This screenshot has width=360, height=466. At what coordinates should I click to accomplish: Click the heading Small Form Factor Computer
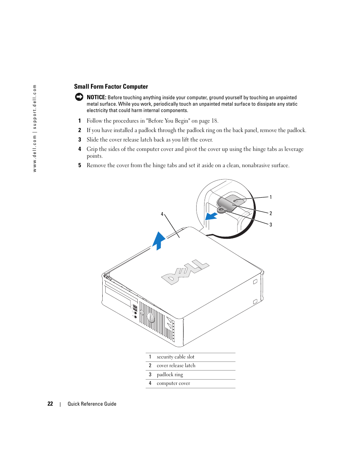click(x=111, y=87)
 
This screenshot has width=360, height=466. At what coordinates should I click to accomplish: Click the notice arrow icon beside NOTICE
click(x=79, y=97)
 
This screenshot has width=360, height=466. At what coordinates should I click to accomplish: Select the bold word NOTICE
click(x=96, y=97)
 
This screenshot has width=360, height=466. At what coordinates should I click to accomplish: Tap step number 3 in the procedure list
click(x=80, y=140)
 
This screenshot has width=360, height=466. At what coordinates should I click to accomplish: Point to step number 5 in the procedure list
click(x=80, y=165)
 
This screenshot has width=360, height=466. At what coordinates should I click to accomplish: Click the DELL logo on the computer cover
click(x=185, y=272)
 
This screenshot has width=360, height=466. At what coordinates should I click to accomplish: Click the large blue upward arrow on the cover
click(x=159, y=240)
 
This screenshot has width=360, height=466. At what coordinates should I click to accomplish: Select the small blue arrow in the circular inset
click(x=211, y=216)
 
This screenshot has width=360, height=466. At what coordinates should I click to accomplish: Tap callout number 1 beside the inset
click(x=271, y=197)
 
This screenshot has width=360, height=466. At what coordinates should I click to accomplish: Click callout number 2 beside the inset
click(x=271, y=213)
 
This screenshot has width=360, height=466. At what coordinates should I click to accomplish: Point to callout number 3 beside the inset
click(x=271, y=225)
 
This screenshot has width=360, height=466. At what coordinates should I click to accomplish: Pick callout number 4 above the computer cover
click(x=162, y=214)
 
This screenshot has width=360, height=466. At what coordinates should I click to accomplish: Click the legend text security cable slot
click(x=175, y=357)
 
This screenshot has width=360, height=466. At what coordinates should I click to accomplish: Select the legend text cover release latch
click(x=176, y=366)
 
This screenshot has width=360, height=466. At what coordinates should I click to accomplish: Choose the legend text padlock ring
click(x=170, y=375)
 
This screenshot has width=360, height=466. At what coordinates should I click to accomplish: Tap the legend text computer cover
click(x=173, y=383)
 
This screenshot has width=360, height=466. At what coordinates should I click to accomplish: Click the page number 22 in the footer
click(x=50, y=404)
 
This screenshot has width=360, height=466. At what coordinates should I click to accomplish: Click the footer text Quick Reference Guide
click(x=92, y=404)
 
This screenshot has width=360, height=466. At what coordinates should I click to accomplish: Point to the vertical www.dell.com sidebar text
click(x=35, y=128)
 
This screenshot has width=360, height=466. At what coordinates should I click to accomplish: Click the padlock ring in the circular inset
click(x=221, y=209)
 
